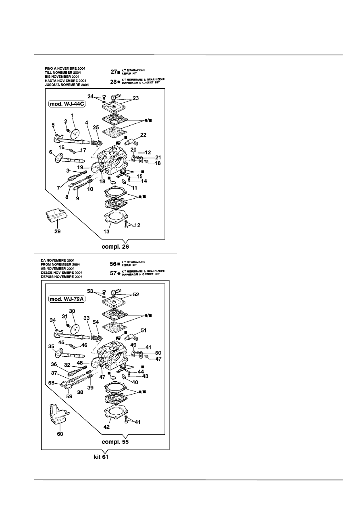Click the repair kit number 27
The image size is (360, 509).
click(x=113, y=71)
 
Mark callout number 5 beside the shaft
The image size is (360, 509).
click(x=53, y=125)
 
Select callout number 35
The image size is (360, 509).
click(x=52, y=346)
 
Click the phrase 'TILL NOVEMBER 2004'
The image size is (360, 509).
click(x=62, y=72)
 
